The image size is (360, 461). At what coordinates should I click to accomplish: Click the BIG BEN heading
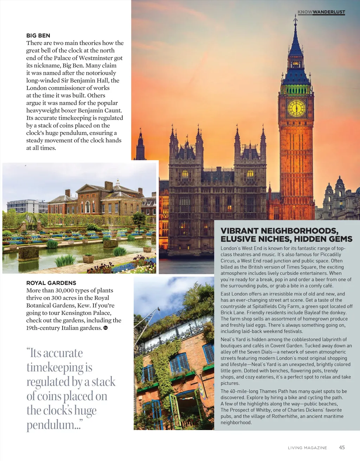38,35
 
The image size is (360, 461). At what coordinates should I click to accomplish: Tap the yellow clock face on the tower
296,108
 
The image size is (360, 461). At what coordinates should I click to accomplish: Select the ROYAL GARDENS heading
51,283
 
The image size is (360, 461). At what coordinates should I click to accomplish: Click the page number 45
342,447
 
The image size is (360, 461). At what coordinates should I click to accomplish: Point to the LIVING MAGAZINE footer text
307,448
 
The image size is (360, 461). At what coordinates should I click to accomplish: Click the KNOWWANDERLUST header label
321,12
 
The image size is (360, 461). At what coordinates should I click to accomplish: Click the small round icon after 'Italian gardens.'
105,328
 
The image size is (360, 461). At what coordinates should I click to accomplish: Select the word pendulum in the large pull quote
51,425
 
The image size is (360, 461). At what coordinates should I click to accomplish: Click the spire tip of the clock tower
295,17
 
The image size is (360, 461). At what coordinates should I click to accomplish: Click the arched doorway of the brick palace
88,207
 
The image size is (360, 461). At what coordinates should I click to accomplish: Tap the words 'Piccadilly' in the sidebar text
329,254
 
